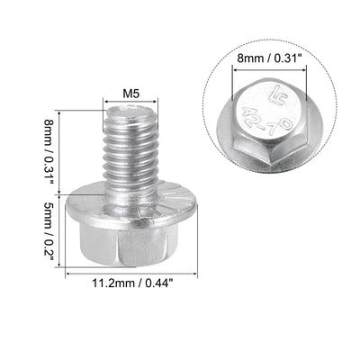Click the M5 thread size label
(131, 94)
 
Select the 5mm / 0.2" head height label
(49, 230)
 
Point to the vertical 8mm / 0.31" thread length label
(49, 152)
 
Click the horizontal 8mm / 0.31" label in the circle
(269, 58)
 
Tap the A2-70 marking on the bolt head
(266, 121)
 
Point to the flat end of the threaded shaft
(130, 112)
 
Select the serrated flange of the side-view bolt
(131, 207)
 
